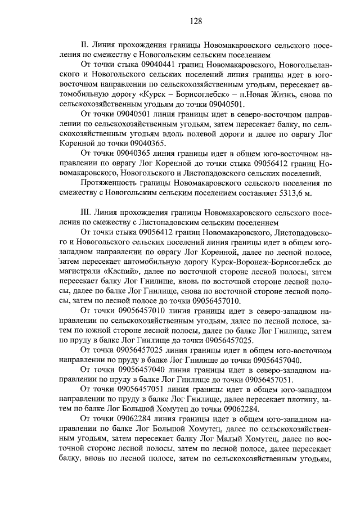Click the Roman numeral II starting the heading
click(x=85, y=46)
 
